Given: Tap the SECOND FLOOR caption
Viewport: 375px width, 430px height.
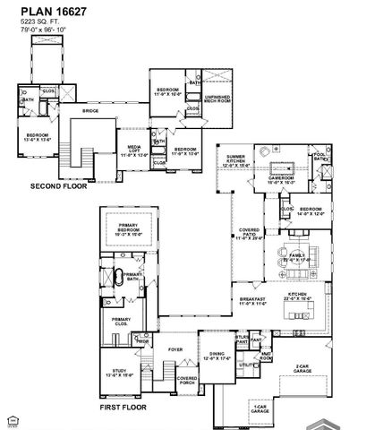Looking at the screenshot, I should coord(56,186).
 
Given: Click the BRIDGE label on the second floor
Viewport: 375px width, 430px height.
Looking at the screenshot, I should coord(90,111).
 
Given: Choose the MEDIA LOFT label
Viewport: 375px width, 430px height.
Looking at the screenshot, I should coord(134,151).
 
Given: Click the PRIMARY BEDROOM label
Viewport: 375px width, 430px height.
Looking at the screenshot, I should coord(130,229).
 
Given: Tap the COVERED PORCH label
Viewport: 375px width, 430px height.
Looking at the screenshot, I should coord(187,380).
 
